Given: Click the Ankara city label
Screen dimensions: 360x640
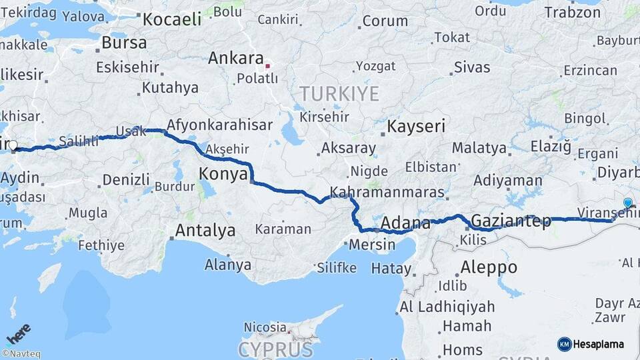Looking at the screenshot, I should tap(237, 58).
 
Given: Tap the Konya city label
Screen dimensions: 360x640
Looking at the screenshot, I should tap(223, 174).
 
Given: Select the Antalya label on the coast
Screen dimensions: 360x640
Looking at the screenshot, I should tap(205, 231).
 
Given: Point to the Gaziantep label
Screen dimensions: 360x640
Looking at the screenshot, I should tap(511, 221).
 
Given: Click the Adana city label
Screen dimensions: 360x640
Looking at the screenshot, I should tap(406, 221).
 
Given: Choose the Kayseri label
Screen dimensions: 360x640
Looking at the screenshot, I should tap(417, 126).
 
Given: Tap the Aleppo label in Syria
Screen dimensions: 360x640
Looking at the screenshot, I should tap(489, 267).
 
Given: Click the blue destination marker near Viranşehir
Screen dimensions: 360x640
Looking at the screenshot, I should tap(627, 203).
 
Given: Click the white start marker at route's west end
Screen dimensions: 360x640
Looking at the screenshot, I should tap(13, 145).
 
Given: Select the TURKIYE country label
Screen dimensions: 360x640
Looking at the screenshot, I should tap(339, 93).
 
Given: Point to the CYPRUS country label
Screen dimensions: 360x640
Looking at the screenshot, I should tap(275, 349).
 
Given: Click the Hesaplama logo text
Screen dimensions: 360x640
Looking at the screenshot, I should tap(598, 344).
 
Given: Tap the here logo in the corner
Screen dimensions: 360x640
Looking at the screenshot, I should tap(18, 333).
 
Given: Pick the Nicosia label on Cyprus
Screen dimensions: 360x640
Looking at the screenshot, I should tap(265, 327).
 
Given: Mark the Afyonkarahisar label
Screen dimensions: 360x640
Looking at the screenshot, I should tap(219, 125).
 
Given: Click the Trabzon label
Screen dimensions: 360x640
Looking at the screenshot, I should tap(573, 12).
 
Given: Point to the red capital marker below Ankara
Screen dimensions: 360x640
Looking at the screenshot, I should tap(267, 66).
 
